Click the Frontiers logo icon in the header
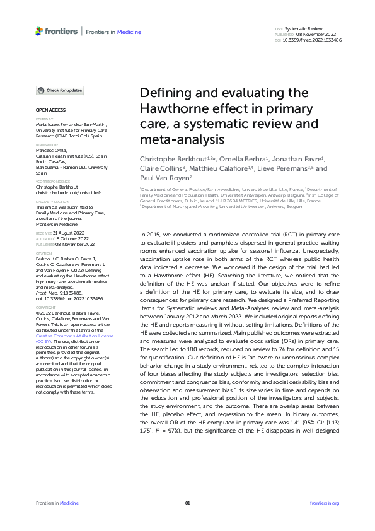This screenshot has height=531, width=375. coord(40,31)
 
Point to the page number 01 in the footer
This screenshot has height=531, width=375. coord(187,503)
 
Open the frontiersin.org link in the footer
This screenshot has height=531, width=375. coord(325,503)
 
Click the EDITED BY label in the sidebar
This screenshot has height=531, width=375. coord(44,119)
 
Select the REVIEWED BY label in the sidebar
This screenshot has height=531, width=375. coord(47,144)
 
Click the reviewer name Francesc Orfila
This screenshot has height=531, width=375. coord(54,150)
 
